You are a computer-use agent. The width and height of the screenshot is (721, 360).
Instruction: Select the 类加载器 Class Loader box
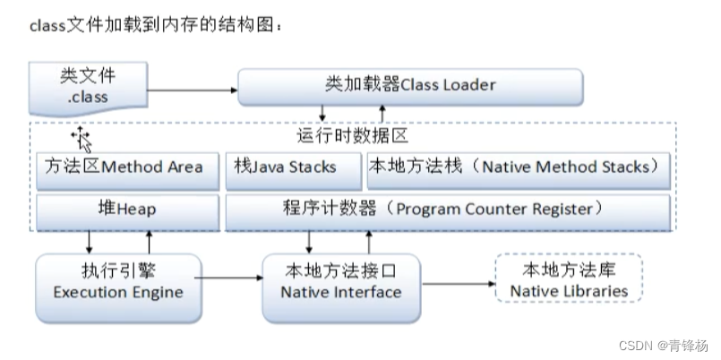tap(409, 86)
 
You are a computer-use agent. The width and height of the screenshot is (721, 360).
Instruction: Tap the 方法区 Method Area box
tap(124, 167)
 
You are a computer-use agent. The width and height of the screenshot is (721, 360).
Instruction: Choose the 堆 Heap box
tap(126, 210)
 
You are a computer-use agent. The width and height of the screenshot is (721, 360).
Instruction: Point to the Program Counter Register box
tap(448, 210)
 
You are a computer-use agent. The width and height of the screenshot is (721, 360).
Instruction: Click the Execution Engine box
tap(116, 284)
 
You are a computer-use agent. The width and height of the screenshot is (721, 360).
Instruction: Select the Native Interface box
tap(340, 284)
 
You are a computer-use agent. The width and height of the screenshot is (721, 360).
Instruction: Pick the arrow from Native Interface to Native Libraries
tap(457, 284)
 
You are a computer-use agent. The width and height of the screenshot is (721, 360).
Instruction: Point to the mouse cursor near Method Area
tap(83, 139)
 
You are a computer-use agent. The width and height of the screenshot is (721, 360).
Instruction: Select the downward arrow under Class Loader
tap(323, 114)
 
